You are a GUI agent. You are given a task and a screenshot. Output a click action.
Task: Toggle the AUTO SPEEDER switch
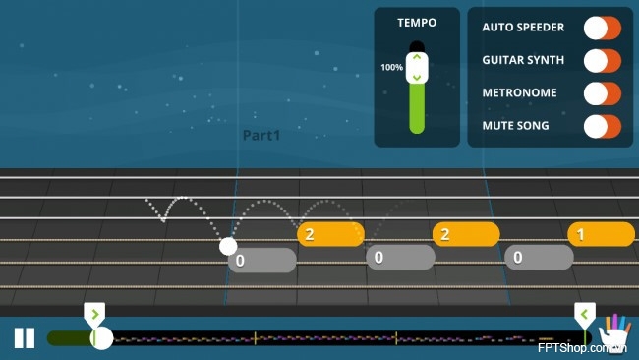point(603,28)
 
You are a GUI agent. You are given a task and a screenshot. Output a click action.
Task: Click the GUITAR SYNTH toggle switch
point(603,61)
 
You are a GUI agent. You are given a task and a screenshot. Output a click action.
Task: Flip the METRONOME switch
point(603,93)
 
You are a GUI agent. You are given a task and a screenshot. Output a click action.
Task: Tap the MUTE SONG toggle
point(603,126)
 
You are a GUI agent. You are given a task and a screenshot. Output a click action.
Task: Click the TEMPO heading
point(417,23)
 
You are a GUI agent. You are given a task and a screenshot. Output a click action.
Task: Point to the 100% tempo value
point(391,67)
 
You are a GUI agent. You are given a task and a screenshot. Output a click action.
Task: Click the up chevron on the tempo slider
point(417,57)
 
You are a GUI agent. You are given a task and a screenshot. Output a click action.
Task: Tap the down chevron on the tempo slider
point(417,77)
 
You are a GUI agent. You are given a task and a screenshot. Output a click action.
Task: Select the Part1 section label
point(261,136)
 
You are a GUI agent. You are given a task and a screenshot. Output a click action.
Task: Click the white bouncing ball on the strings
point(228,246)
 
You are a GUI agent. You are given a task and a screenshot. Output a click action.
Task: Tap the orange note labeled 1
point(601,234)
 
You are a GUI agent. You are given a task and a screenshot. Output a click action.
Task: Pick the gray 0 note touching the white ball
point(262,260)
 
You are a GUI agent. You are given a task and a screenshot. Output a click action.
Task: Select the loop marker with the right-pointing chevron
point(94,315)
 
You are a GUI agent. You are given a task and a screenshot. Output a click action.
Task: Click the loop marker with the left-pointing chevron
point(585,315)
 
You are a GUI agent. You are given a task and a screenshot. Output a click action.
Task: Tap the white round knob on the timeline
point(101,338)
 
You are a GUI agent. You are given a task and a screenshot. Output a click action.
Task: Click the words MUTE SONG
point(515,126)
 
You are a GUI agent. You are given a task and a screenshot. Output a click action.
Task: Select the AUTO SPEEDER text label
point(523,28)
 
